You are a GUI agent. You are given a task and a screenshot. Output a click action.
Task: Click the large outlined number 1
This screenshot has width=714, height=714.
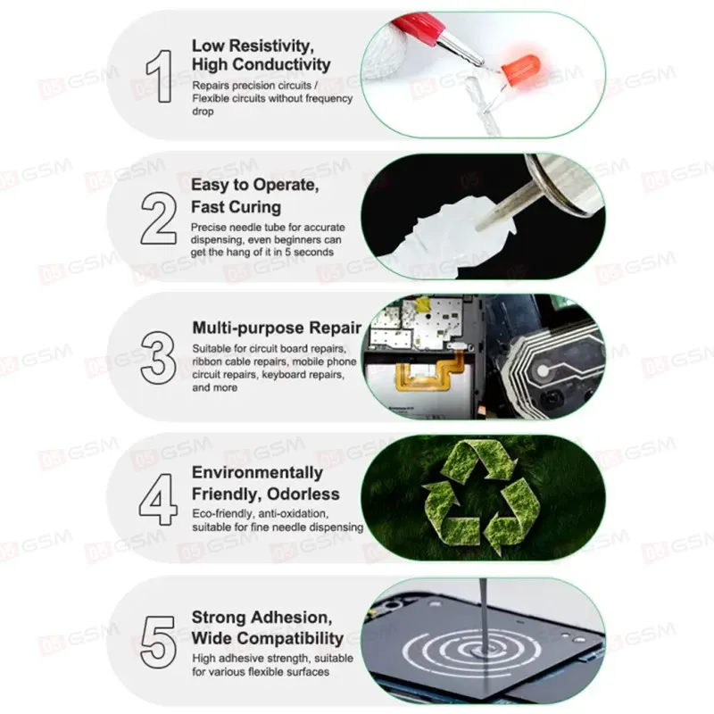pyautogui.click(x=162, y=76)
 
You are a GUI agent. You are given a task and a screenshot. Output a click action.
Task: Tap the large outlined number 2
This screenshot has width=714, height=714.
pyautogui.click(x=159, y=218)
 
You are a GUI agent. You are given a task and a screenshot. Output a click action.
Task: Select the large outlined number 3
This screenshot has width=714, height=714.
pyautogui.click(x=158, y=358)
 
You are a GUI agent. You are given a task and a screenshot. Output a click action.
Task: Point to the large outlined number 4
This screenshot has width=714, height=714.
pyautogui.click(x=158, y=500)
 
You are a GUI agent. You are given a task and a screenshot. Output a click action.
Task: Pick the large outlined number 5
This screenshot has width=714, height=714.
pyautogui.click(x=159, y=642)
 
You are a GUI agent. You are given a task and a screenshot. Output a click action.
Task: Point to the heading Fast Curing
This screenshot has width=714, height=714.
pyautogui.click(x=236, y=207)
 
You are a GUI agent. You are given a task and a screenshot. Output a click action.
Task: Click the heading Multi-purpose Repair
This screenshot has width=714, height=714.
pyautogui.click(x=277, y=328)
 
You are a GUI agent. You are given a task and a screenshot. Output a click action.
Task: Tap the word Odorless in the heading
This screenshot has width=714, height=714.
pyautogui.click(x=303, y=494)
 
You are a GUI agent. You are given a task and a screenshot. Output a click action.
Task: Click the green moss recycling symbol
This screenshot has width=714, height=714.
pyautogui.click(x=483, y=495)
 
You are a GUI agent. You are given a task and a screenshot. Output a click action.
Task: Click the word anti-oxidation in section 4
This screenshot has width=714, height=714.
pyautogui.click(x=294, y=514)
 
